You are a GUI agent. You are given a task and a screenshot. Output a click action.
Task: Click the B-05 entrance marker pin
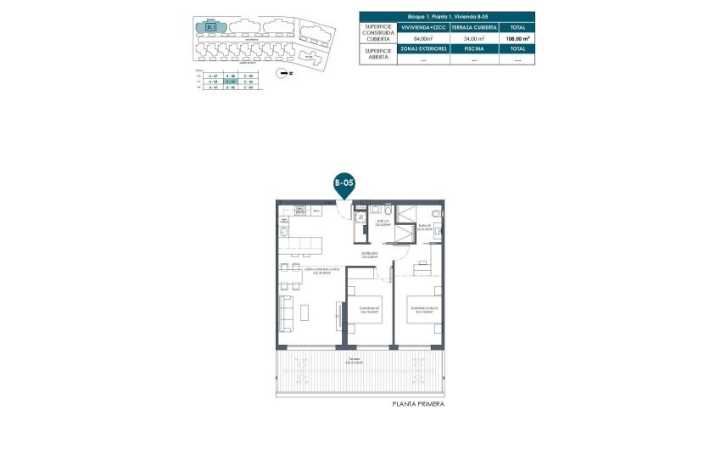coord(344,183)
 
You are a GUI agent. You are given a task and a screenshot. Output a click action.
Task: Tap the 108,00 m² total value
coord(518,38)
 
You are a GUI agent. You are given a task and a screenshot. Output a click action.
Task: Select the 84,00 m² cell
coord(423,38)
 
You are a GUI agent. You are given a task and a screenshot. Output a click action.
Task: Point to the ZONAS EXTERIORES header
coord(423,49)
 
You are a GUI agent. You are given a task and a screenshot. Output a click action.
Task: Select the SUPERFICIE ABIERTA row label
coord(377,54)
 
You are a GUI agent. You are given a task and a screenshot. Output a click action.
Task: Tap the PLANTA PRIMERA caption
coord(418,404)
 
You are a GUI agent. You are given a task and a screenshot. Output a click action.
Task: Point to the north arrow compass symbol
coord(287,74)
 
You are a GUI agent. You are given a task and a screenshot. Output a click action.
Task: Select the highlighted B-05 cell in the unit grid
coord(229,82)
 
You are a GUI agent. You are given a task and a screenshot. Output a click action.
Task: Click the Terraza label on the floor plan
coord(353,360)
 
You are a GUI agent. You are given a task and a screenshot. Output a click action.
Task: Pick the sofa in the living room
coord(287,313)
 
